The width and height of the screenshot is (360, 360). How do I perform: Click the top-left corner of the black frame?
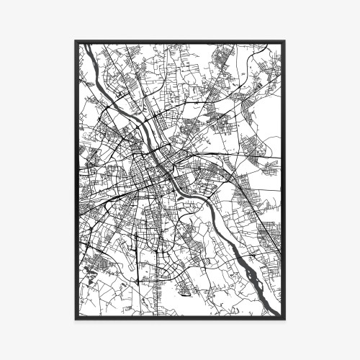coord(76,42)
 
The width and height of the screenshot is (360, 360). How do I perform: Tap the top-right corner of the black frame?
coord(284,42)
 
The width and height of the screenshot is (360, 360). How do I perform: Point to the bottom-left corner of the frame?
coord(76,318)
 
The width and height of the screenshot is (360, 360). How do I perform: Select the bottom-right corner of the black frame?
coord(284,318)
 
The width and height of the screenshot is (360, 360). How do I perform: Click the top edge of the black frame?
coord(180,42)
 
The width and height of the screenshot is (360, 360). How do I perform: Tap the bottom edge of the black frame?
coord(180,318)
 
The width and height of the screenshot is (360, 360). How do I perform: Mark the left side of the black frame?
coord(76,180)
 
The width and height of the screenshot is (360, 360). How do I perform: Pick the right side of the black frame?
coord(284,180)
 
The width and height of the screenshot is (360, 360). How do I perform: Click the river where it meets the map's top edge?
coord(86,45)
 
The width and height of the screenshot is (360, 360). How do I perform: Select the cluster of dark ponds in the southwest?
coord(91,270)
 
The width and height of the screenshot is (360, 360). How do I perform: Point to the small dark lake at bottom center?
coord(185,291)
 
